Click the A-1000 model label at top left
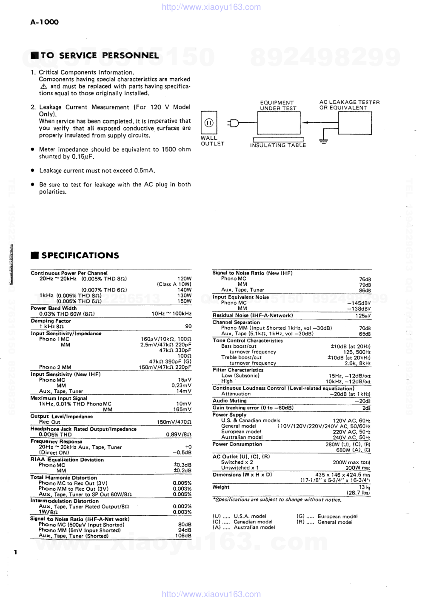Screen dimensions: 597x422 tap(44, 22)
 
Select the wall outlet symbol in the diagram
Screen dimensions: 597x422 tap(209, 123)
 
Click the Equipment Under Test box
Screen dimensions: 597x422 tap(279, 123)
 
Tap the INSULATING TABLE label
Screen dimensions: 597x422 tap(278, 146)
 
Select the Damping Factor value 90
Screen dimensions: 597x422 tap(188, 326)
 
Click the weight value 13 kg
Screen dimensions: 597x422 tap(364, 487)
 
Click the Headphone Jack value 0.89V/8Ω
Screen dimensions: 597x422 tap(178, 435)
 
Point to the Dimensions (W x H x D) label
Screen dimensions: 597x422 tap(242, 474)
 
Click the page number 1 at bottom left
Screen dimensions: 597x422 tap(15, 552)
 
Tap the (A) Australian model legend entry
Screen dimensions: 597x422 tap(244, 527)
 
